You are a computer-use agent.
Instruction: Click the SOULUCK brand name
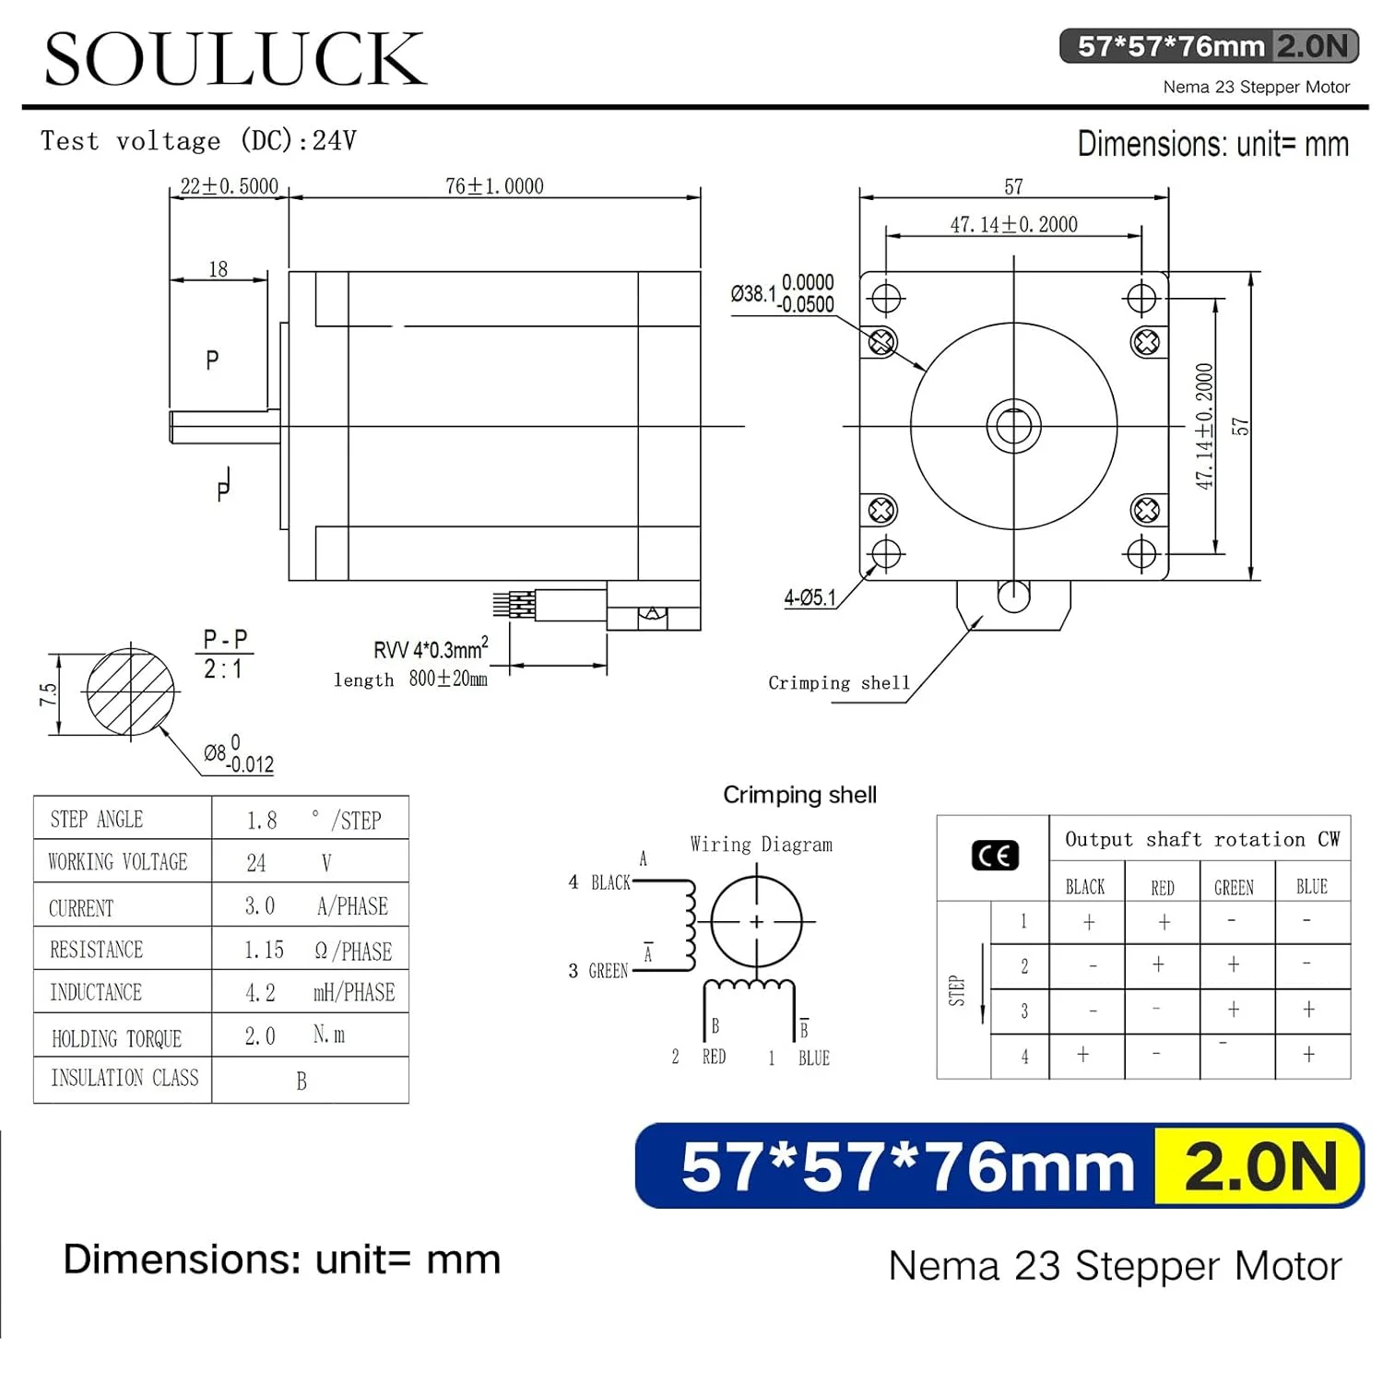pos(235,59)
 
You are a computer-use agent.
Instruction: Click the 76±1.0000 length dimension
pos(494,186)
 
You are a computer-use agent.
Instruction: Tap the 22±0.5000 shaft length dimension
pos(229,186)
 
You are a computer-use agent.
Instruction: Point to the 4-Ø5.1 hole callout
pos(810,597)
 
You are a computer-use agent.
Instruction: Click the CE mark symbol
pos(995,856)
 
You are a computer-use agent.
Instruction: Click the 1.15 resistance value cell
pos(264,950)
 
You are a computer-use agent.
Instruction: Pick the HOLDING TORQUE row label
pos(117,1038)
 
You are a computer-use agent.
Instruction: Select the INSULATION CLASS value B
pos(301,1081)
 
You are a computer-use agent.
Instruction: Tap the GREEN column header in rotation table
pos(1234,887)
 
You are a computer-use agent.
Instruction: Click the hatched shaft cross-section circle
pos(131,691)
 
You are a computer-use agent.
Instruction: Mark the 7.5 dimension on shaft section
pos(48,694)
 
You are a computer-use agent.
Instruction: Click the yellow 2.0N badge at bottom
pos(1259,1165)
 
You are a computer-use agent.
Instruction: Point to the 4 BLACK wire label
pos(600,882)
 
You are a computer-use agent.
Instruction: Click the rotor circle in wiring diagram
pos(757,920)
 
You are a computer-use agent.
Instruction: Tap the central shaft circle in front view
pos(1013,426)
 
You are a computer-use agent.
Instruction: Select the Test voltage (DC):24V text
pos(198,140)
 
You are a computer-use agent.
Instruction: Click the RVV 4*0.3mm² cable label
pos(430,649)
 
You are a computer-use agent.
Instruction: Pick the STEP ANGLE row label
pos(97,819)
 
